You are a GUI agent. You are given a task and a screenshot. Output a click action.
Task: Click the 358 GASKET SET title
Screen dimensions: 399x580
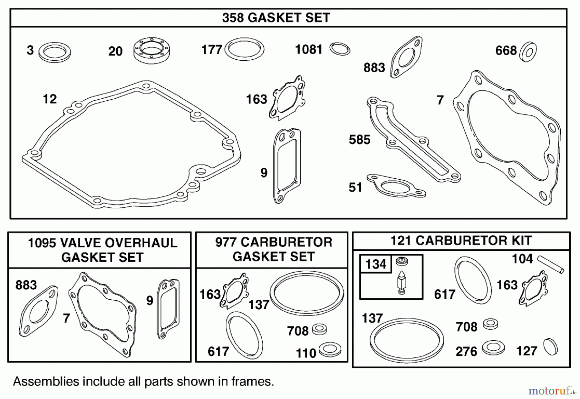[x=276, y=18]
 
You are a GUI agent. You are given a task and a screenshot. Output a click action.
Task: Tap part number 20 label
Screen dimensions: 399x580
[x=115, y=51]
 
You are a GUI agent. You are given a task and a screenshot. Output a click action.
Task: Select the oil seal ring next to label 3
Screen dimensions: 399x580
[x=54, y=52]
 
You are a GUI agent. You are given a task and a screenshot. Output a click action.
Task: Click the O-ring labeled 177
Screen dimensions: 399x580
[x=245, y=49]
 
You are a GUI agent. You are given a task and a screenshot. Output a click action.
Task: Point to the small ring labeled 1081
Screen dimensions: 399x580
[x=340, y=49]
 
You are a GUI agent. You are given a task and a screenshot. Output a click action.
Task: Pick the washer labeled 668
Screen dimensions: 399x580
[x=528, y=52]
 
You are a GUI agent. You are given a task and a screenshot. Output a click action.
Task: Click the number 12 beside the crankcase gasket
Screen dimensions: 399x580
[x=50, y=99]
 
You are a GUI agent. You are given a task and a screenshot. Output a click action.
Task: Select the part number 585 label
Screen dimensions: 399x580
[x=360, y=140]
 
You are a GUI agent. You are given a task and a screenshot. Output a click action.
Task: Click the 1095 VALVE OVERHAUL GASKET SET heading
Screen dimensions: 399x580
[x=102, y=250]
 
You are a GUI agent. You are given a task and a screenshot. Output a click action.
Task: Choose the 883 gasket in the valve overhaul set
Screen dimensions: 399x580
[x=39, y=311]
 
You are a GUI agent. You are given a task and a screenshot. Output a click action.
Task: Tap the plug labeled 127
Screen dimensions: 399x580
[x=550, y=347]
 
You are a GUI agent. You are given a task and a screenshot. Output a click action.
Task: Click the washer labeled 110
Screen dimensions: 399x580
[x=330, y=349]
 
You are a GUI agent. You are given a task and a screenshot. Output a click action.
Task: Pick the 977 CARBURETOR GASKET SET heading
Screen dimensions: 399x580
[x=274, y=249]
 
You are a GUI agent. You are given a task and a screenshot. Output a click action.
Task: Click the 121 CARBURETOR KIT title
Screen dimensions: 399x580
[x=461, y=241]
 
